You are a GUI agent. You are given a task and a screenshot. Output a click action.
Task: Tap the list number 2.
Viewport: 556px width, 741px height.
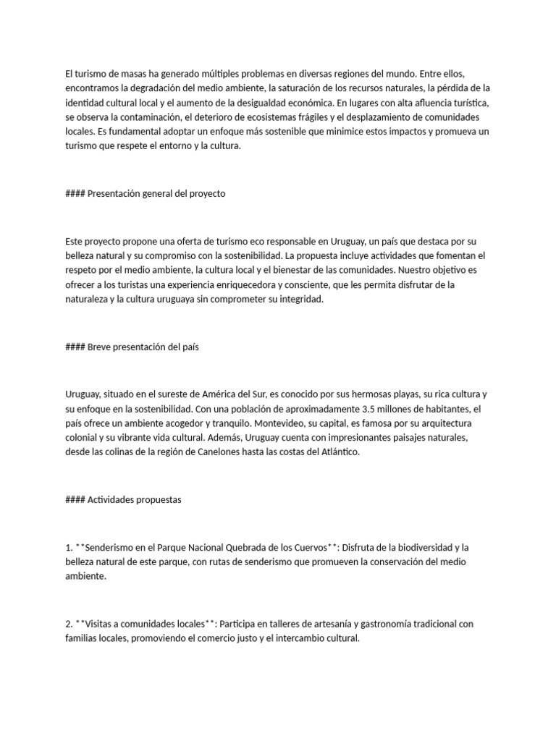click(x=67, y=624)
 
